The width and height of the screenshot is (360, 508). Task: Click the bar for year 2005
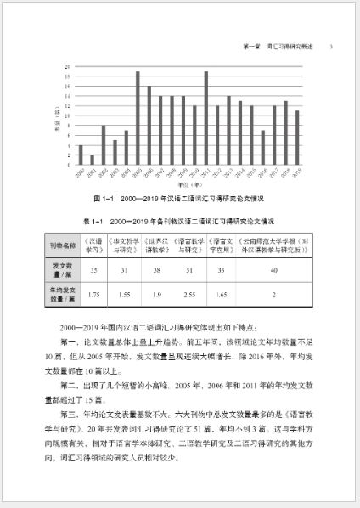pyautogui.click(x=138, y=118)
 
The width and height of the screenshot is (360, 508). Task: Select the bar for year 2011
pyautogui.click(x=205, y=118)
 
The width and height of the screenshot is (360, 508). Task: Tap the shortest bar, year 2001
pyautogui.click(x=92, y=160)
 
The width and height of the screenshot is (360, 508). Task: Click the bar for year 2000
pyautogui.click(x=81, y=155)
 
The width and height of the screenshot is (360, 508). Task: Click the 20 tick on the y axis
pyautogui.click(x=67, y=66)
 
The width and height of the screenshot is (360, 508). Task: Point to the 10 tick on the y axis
pyautogui.click(x=67, y=116)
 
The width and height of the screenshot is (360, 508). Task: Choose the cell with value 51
pyautogui.click(x=189, y=270)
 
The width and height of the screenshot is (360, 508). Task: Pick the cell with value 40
pyautogui.click(x=273, y=270)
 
